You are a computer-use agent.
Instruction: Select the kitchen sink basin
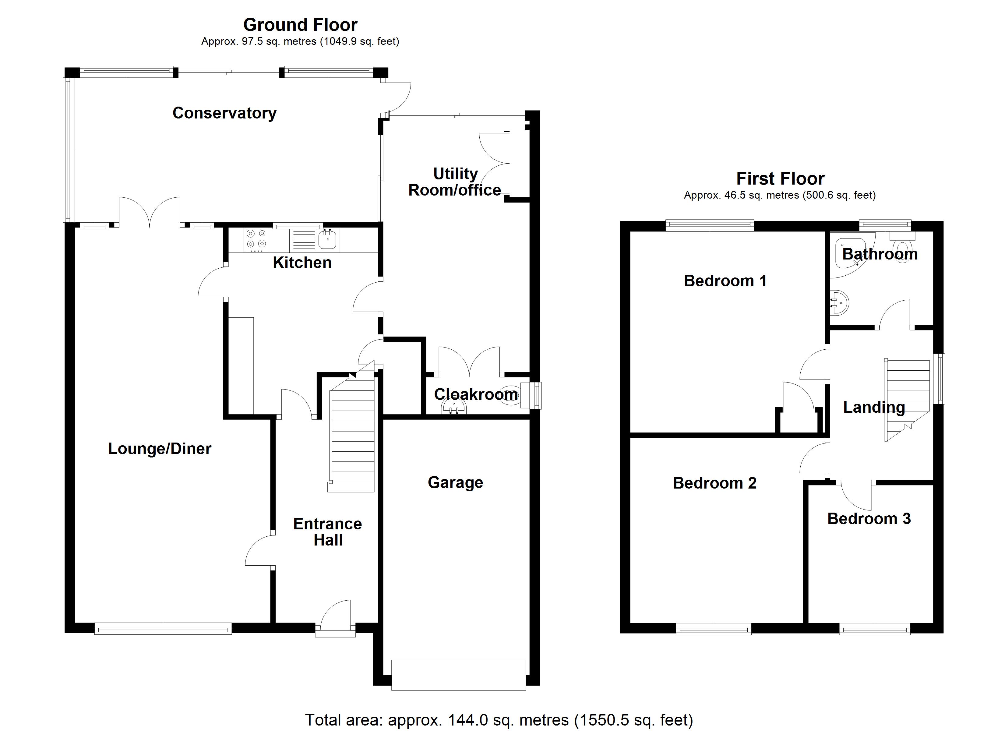[x=327, y=240]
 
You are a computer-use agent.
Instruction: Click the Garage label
[x=455, y=482]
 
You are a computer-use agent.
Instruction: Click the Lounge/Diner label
[x=160, y=449]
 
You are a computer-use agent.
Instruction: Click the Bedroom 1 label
[x=725, y=281]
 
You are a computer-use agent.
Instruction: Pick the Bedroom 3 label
[x=869, y=519]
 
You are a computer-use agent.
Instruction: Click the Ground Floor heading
[x=301, y=25]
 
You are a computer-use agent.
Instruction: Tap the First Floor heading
[x=780, y=179]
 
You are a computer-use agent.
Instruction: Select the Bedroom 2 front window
[x=714, y=629]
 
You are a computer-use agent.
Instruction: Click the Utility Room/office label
[x=455, y=182]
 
